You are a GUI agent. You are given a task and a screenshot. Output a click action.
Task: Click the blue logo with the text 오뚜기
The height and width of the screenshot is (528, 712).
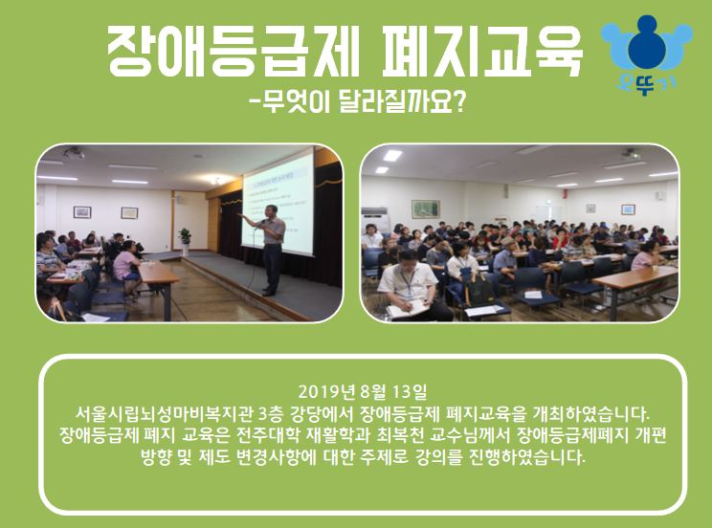[x=647, y=54]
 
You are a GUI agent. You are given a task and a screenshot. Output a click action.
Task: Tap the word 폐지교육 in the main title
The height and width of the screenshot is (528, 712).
[x=481, y=52]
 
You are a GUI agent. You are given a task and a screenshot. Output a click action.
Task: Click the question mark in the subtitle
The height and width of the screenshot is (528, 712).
[x=458, y=102]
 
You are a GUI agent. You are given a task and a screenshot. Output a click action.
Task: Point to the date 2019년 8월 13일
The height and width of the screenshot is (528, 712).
[x=363, y=391]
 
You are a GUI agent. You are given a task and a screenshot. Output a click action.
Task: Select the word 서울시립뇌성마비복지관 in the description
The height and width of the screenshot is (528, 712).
[x=165, y=413]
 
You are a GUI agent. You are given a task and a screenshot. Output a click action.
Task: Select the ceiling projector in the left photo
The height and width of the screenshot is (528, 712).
[x=73, y=152]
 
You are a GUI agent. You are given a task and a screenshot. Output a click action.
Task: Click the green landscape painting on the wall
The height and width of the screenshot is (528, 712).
[x=426, y=209]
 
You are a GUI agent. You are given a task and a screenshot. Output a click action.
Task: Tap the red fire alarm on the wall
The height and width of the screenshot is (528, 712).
[x=565, y=194]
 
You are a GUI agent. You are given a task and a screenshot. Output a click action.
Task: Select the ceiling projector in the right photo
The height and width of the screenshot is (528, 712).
[x=631, y=153]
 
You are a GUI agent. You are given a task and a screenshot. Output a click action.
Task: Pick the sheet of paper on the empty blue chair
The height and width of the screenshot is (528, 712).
[x=533, y=295]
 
